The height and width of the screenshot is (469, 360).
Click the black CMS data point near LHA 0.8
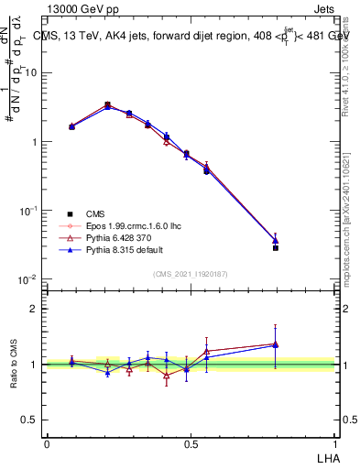[275, 247]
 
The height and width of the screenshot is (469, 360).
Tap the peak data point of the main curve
[108, 105]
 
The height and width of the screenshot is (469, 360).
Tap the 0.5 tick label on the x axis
[191, 442]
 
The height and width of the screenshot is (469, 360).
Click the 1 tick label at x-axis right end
[333, 442]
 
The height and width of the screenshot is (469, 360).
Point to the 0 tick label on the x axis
[47, 442]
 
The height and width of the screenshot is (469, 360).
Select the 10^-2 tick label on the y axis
[28, 279]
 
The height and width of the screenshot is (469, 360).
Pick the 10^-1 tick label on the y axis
[28, 211]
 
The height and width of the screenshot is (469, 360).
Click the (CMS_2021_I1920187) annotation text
[191, 272]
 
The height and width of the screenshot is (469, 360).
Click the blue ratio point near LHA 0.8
[275, 345]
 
